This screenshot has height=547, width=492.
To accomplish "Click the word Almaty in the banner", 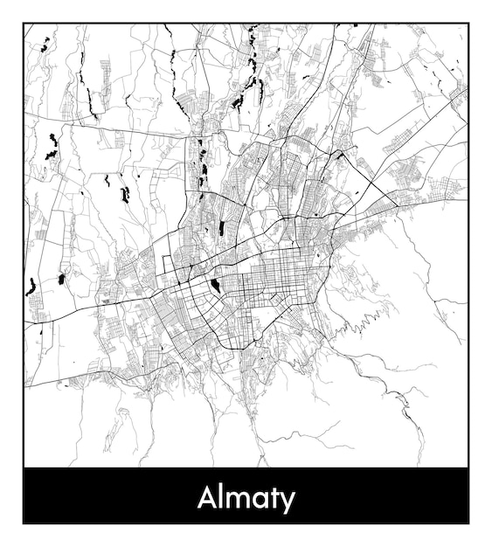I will tap(246, 498).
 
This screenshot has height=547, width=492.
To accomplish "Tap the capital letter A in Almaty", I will tap(207, 497).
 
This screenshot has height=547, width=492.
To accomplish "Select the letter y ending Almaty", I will tap(288, 502).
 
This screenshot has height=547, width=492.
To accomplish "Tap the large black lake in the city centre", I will tap(215, 286).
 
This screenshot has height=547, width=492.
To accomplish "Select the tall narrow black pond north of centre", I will tap(221, 228).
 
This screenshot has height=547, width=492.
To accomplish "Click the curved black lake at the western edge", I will tap(31, 287).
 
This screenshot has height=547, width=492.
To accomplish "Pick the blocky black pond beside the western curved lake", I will tap(61, 280).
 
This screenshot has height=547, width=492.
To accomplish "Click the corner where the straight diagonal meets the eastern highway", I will tap(398, 206).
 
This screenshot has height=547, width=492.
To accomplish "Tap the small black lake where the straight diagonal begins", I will tap(338, 154).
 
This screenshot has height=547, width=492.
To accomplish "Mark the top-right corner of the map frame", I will tap(468, 24).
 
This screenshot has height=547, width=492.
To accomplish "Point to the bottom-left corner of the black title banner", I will tap(24, 523).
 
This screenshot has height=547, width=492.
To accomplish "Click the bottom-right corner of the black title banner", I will tap(468, 523).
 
